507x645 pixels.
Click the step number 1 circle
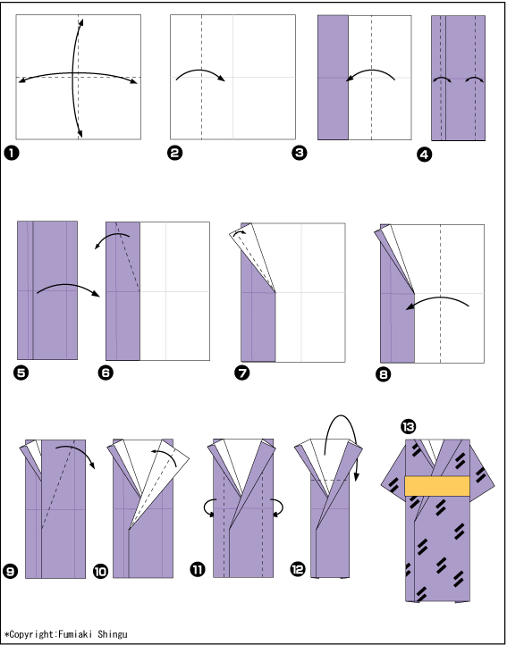[12, 153]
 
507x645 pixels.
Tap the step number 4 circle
[424, 155]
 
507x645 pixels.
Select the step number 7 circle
[241, 373]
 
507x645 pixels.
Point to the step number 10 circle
[100, 571]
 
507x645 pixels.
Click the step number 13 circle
[408, 426]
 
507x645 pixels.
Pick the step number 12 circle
[298, 569]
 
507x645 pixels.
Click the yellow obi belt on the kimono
[437, 486]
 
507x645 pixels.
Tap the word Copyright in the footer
[31, 634]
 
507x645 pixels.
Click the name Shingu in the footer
[113, 634]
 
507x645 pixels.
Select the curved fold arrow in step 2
[200, 70]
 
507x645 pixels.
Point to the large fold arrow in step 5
[68, 285]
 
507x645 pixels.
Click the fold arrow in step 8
[436, 297]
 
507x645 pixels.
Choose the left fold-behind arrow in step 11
[207, 507]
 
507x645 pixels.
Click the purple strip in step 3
[333, 78]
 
